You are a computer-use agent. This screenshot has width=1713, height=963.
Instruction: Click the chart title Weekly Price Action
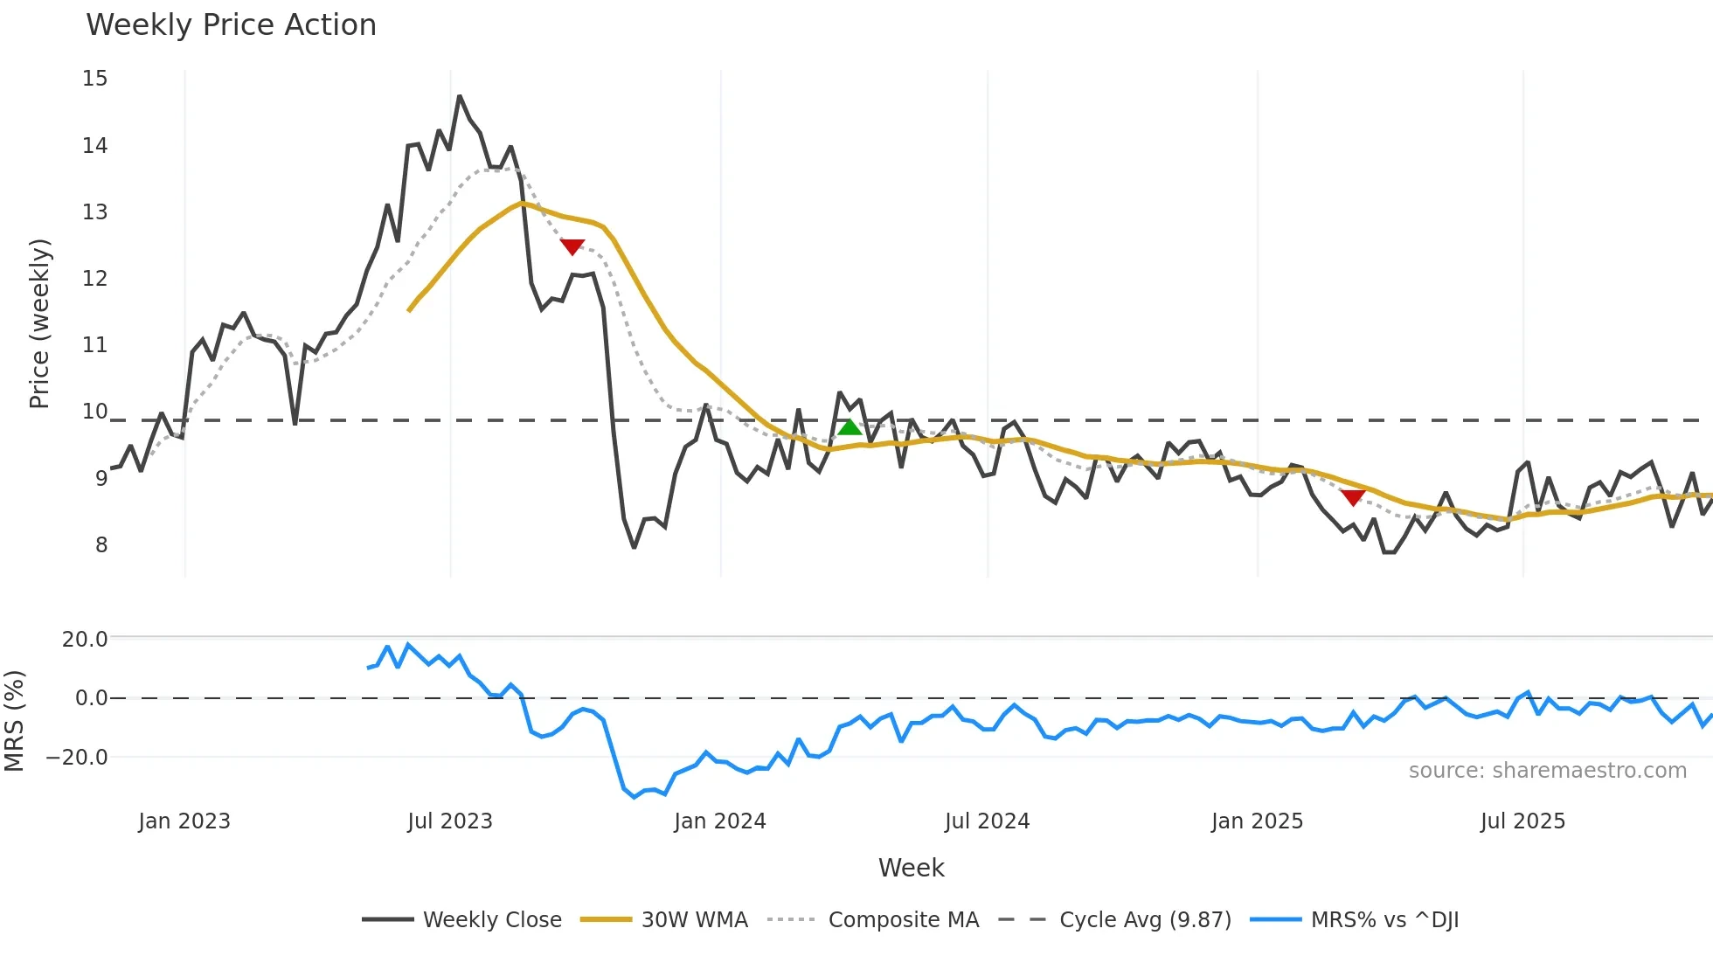click(x=231, y=25)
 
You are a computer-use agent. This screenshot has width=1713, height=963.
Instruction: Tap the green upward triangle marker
click(x=850, y=427)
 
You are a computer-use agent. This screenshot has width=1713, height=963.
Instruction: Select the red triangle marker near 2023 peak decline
click(x=572, y=247)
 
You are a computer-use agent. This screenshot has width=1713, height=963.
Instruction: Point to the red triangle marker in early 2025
click(x=1353, y=498)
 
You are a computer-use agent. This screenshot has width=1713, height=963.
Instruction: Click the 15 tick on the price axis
click(x=95, y=79)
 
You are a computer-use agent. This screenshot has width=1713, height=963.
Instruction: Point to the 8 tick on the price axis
click(x=101, y=545)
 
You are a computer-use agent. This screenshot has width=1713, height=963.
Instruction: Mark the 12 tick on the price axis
click(x=95, y=279)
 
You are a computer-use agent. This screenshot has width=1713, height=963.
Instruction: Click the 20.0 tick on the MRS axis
click(x=85, y=640)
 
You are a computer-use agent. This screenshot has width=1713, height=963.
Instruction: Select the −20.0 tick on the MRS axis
click(x=78, y=758)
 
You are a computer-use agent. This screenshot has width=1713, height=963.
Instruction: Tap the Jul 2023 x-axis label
click(x=450, y=821)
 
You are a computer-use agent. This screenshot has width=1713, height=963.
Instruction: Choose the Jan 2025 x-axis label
click(x=1257, y=821)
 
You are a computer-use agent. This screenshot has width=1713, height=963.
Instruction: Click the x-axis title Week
click(x=911, y=868)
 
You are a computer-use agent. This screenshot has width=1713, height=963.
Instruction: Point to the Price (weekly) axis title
click(x=39, y=323)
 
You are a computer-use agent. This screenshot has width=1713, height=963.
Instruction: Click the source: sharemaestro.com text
click(x=1547, y=771)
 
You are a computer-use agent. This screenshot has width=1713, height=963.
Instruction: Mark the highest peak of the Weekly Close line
click(x=460, y=96)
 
